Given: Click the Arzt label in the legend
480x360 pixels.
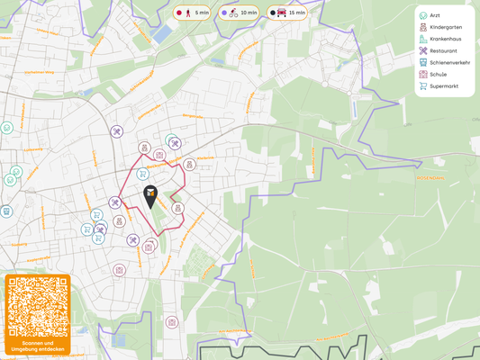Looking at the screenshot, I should [435, 15].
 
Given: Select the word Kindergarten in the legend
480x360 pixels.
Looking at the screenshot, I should [446, 27].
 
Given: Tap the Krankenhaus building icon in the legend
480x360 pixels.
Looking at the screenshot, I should [422, 39].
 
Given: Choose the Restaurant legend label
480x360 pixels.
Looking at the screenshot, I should [443, 50].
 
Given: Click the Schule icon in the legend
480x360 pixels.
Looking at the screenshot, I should [422, 74].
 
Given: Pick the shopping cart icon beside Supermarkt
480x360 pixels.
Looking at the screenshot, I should [422, 85].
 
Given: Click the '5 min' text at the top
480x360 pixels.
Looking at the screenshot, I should [202, 13].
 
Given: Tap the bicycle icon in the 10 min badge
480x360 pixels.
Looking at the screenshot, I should [233, 13].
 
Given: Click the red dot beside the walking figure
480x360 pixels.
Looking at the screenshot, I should [179, 13].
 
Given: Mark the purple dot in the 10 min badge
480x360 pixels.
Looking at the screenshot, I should [224, 13].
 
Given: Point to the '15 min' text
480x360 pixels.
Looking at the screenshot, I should [297, 13].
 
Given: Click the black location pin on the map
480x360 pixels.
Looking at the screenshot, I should [150, 195].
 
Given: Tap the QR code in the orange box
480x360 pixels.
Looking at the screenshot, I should [37, 307].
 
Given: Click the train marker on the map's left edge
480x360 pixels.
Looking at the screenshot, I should [6, 211].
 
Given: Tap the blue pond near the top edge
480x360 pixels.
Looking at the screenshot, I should [162, 35].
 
